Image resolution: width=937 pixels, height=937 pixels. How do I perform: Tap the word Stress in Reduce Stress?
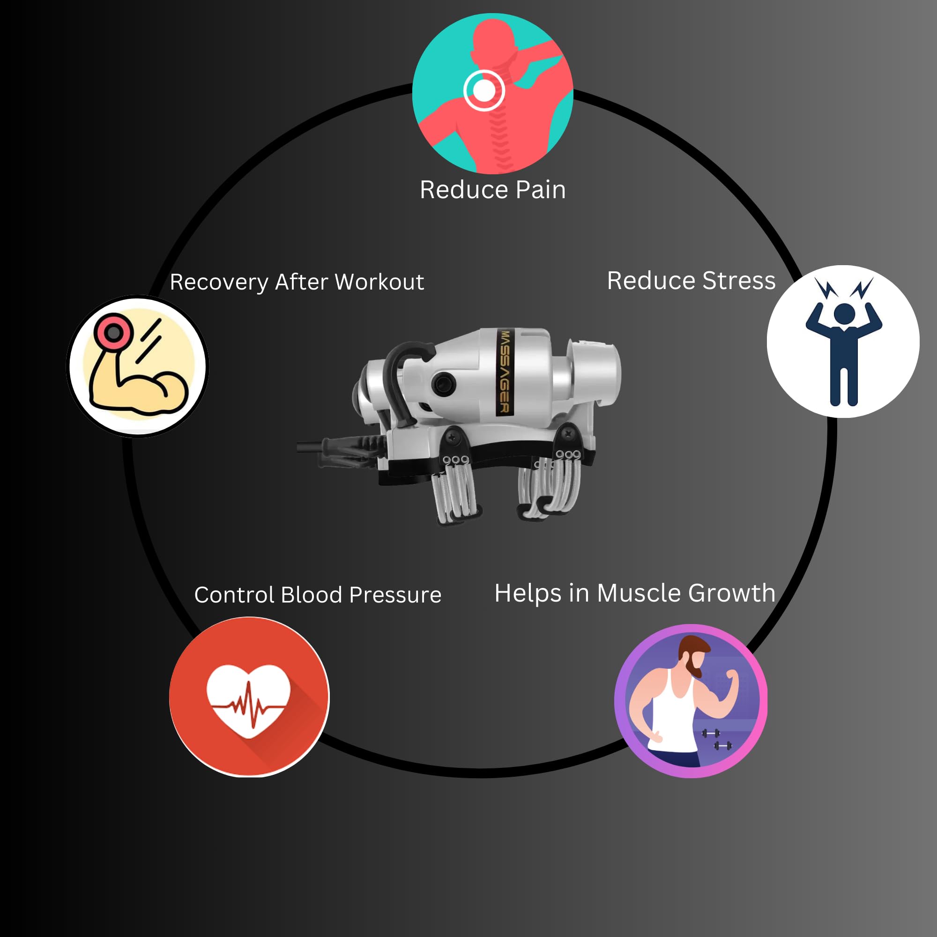[x=739, y=281]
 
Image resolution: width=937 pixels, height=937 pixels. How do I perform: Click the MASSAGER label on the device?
[x=505, y=372]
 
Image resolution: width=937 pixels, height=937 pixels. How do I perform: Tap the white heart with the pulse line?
[x=249, y=700]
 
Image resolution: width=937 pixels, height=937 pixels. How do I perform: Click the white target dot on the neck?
[x=483, y=90]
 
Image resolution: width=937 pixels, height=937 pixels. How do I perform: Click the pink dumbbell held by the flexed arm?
[x=113, y=332]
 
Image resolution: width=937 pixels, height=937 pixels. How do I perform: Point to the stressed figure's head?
[x=844, y=314]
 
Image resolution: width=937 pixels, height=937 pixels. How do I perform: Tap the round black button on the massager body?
[x=443, y=384]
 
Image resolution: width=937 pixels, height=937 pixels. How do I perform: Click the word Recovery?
[x=219, y=282]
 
